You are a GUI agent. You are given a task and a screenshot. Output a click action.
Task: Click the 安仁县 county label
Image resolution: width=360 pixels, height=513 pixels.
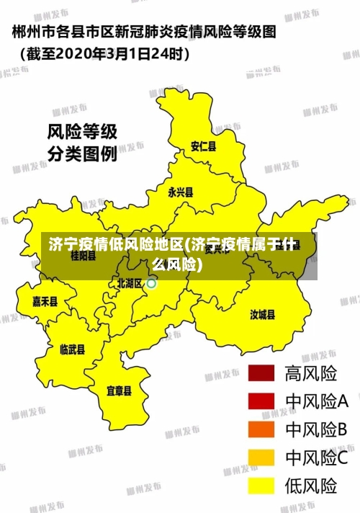click(x=203, y=146)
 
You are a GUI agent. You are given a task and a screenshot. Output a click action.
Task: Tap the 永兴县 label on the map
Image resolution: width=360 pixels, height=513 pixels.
click(x=180, y=192)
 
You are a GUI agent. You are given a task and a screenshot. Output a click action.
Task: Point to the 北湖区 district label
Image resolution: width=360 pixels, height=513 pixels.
click(x=130, y=283)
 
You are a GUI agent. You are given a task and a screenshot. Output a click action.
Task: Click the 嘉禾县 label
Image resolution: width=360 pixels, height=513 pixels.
click(x=45, y=301)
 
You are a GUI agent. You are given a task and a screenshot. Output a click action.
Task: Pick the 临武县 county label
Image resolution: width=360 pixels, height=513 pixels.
click(x=72, y=349)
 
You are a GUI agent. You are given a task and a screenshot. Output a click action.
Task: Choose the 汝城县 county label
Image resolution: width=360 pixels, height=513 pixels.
click(x=262, y=314)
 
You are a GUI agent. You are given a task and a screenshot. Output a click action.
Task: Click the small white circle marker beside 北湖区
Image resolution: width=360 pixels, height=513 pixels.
click(x=151, y=284)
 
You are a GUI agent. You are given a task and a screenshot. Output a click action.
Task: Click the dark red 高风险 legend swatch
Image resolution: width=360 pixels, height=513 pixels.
click(x=261, y=373)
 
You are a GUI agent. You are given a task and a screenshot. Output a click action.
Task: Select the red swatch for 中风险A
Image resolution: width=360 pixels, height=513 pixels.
click(x=261, y=401)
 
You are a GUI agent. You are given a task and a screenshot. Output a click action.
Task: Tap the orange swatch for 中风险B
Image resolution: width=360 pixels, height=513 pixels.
click(x=261, y=429)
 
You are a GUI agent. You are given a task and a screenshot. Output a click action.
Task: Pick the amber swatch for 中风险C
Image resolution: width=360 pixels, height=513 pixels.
click(x=261, y=458)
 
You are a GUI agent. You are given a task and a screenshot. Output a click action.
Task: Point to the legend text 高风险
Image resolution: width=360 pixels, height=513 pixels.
click(x=311, y=373)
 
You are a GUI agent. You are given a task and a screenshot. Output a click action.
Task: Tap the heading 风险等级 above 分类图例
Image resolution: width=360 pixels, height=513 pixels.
click(x=81, y=132)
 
